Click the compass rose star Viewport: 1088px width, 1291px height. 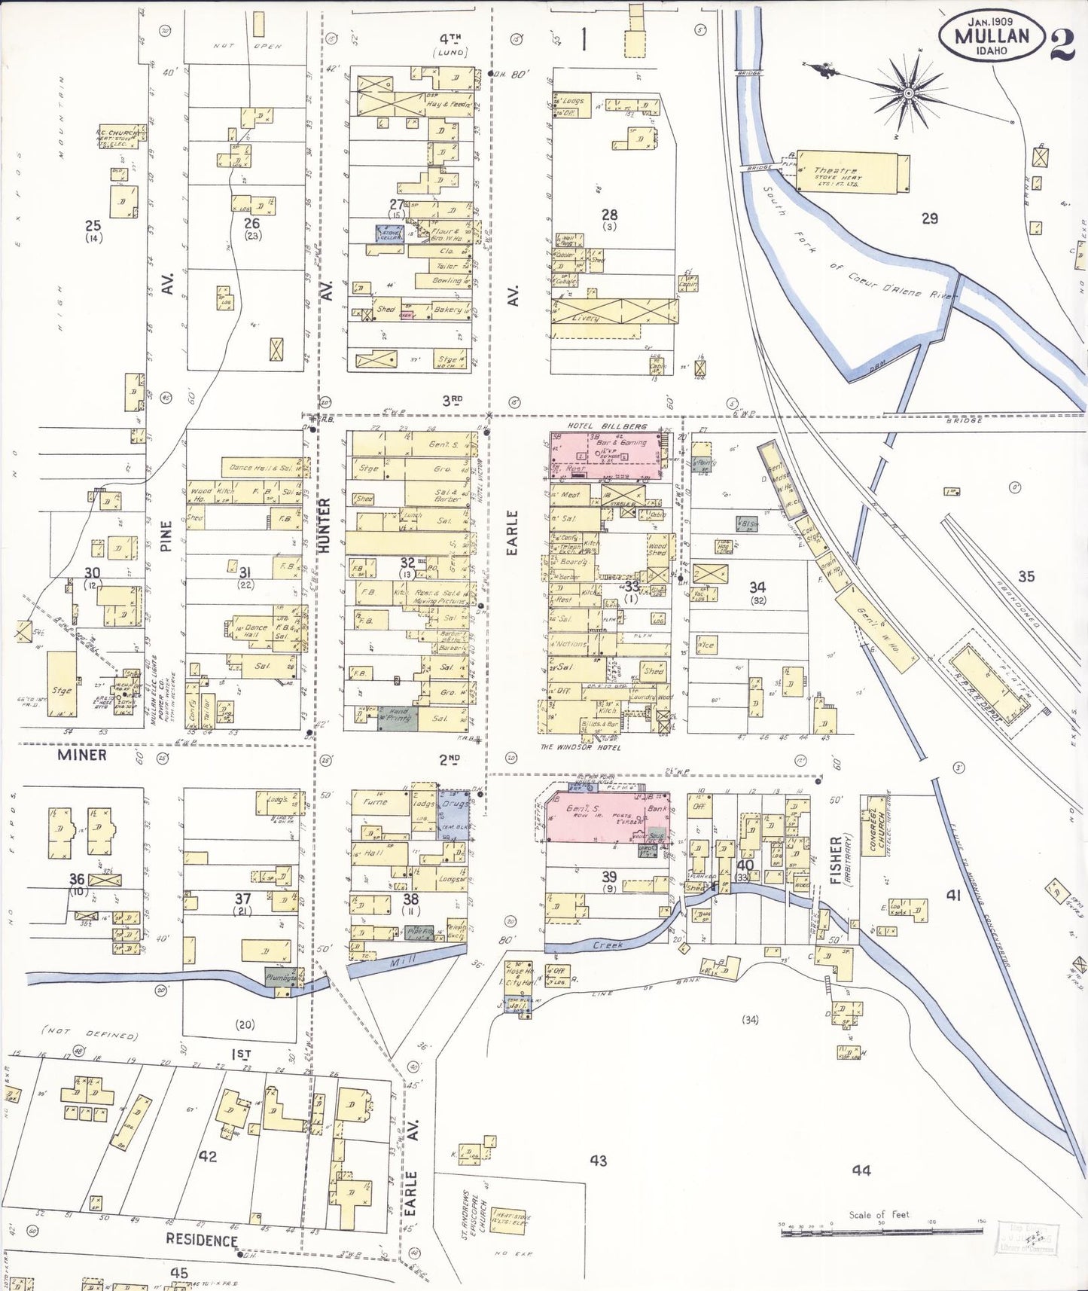click(908, 93)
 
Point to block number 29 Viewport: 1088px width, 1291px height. click(930, 218)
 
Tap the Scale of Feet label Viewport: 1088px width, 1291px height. click(879, 1214)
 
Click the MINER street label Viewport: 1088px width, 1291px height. click(82, 755)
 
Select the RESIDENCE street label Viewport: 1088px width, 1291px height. click(202, 1241)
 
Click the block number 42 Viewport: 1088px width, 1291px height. click(207, 1156)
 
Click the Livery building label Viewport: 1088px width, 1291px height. click(587, 318)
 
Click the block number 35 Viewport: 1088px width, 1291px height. click(1026, 576)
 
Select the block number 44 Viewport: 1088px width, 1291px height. click(861, 1170)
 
